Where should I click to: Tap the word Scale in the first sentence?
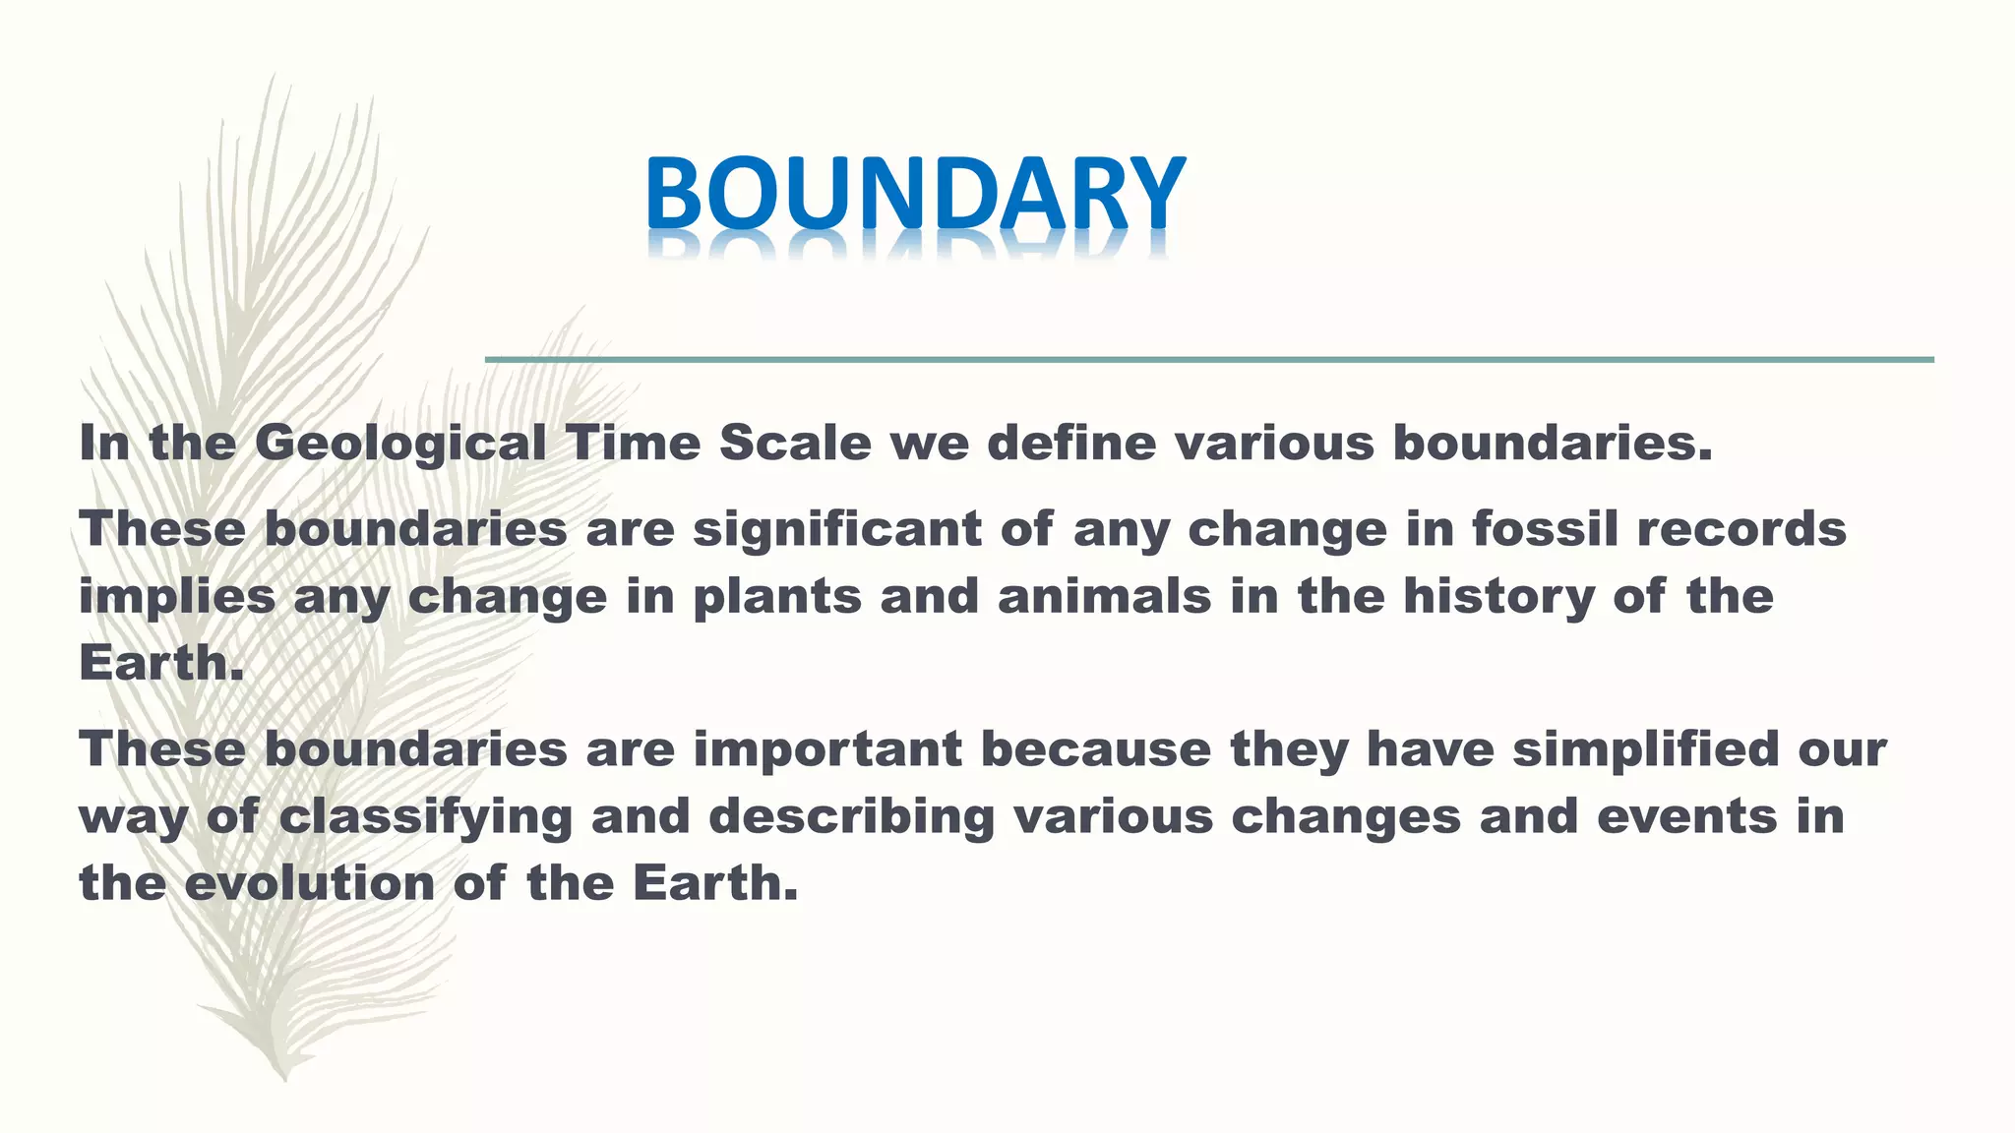(x=795, y=444)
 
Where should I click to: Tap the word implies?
(x=177, y=598)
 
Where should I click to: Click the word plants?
(x=777, y=598)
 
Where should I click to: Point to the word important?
(x=827, y=749)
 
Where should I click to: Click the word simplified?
(x=1645, y=749)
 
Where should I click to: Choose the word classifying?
(x=425, y=818)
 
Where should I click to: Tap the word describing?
(x=852, y=818)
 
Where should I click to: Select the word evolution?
(x=310, y=883)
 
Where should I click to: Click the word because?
(x=1096, y=749)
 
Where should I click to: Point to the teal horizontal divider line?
(x=1209, y=360)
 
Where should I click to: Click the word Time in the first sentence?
(x=633, y=444)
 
